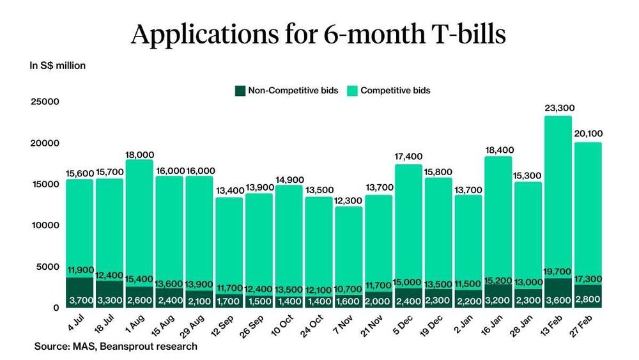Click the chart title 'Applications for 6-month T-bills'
[x=318, y=34]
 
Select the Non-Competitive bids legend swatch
[x=240, y=91]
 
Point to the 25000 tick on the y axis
[x=45, y=102]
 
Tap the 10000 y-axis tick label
[x=45, y=225]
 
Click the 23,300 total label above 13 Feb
[x=558, y=109]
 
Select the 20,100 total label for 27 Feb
[x=588, y=134]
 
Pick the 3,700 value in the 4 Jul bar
[x=80, y=301]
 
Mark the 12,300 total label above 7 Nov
[x=348, y=200]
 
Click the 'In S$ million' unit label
[x=58, y=65]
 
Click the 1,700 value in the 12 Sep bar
[x=229, y=301]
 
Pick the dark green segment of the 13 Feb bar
[x=558, y=293]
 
